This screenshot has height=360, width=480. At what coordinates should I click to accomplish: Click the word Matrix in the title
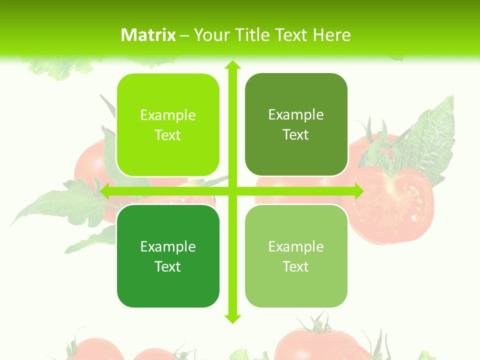click(x=148, y=35)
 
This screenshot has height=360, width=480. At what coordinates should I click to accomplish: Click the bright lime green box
click(x=168, y=125)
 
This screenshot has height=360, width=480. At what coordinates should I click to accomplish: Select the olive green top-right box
click(x=296, y=124)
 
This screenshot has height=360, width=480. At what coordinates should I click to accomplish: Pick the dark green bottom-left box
click(x=168, y=256)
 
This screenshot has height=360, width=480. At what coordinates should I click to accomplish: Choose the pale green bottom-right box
click(x=296, y=256)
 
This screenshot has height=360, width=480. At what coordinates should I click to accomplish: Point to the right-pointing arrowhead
click(x=358, y=191)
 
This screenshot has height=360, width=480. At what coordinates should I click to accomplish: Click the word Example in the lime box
click(x=168, y=115)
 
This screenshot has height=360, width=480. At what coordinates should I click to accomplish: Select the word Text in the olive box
click(x=296, y=135)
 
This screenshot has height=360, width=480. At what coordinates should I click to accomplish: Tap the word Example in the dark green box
click(x=168, y=246)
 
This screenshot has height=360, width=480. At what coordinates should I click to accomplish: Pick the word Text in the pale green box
click(x=296, y=266)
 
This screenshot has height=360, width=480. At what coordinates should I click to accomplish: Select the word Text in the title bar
click(x=291, y=35)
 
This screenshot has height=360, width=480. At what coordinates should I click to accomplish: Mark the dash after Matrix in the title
click(x=184, y=35)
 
